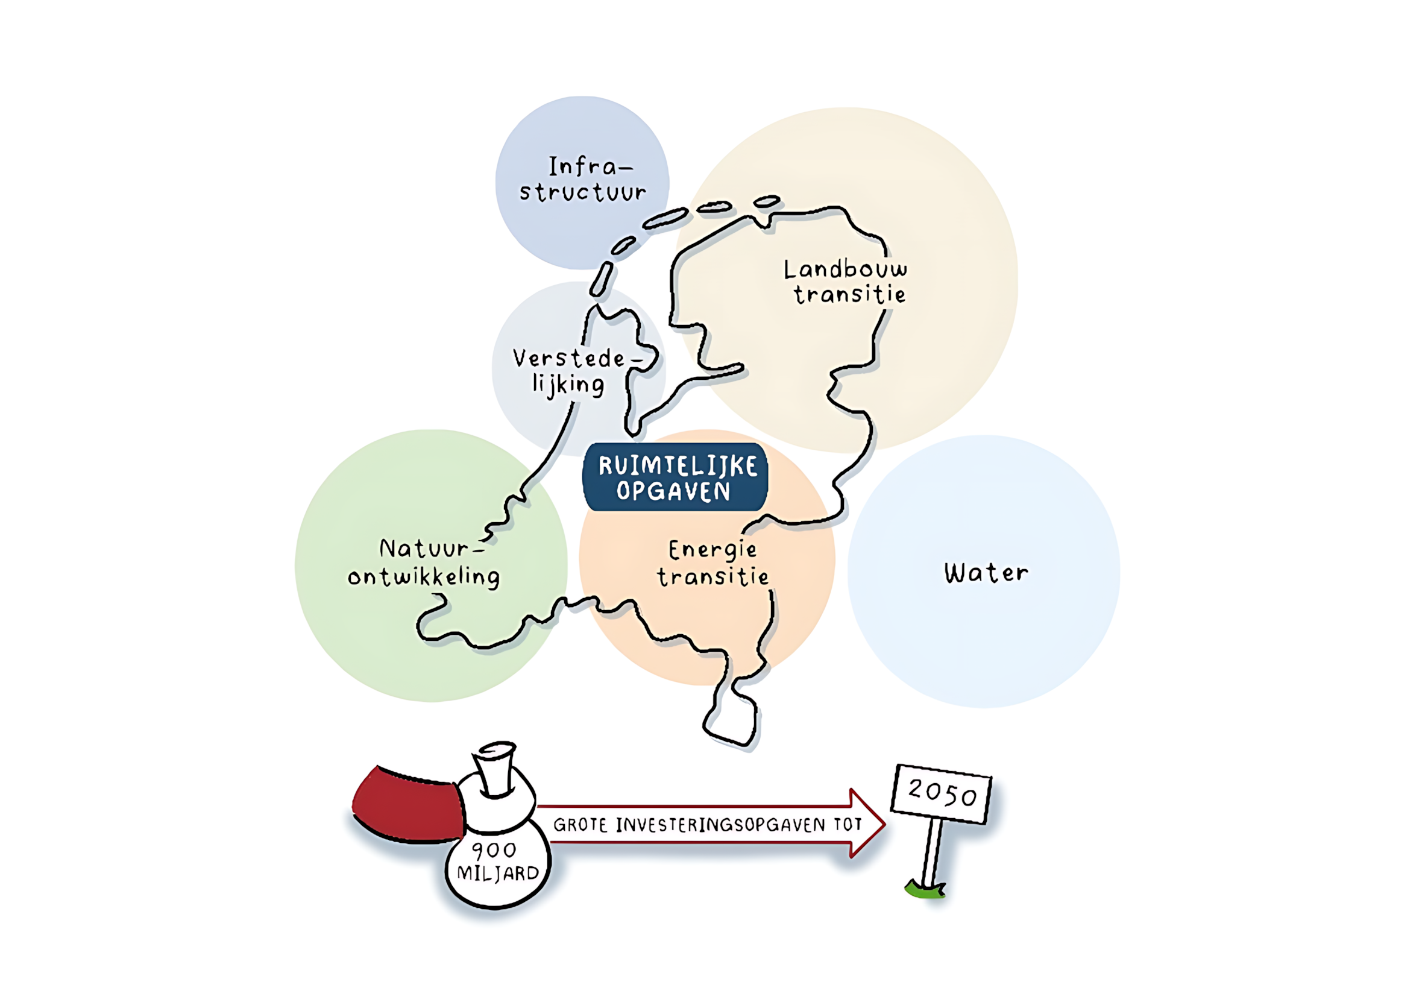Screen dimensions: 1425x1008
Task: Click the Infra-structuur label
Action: pos(583,180)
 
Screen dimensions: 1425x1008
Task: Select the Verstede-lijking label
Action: pos(576,372)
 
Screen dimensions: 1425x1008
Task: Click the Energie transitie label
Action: pos(713,563)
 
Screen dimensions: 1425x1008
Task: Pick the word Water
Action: pos(986,573)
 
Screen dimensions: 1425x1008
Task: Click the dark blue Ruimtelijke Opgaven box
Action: pos(675,477)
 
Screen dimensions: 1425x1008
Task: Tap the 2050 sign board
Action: pos(941,794)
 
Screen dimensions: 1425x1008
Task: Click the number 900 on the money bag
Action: pos(494,850)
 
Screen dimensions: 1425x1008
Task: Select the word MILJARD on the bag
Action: pos(498,874)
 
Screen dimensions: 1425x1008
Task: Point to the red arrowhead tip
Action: pos(884,824)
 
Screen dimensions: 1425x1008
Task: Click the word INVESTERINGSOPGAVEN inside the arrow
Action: pos(721,825)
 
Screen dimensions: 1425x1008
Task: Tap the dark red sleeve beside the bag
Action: pos(407,805)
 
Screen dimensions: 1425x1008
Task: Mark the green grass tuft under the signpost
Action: pos(925,889)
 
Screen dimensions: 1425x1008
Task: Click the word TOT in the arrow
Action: pos(848,824)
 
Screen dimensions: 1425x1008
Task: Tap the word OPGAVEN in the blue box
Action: pos(673,491)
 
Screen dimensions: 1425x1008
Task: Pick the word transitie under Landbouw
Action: pos(850,294)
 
